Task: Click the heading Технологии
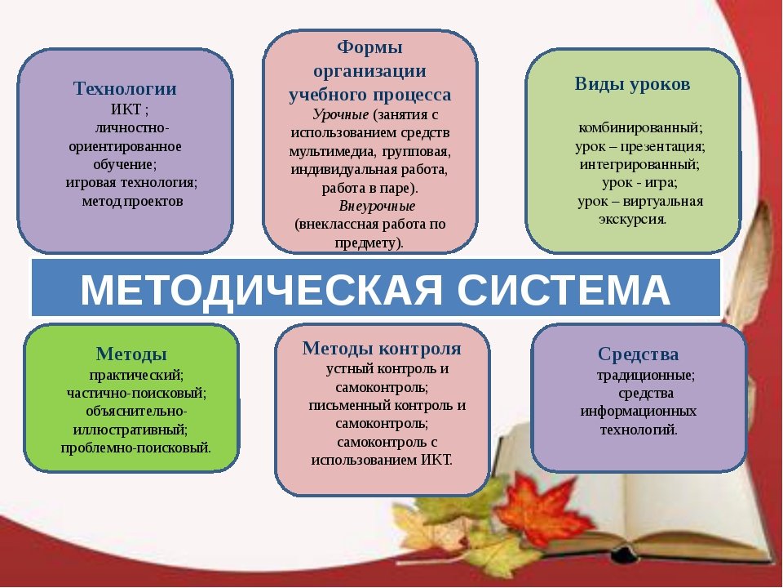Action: coord(125,88)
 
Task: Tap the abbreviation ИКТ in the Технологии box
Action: coord(126,109)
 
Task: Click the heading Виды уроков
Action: coord(632,84)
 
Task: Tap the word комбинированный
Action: coord(640,128)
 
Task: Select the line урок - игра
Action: coord(639,182)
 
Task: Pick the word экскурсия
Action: coord(632,220)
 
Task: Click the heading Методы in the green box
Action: coord(131,354)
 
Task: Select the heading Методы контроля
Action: coord(382,349)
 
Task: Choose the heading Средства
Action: coord(638,354)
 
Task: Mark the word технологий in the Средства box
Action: coord(639,430)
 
